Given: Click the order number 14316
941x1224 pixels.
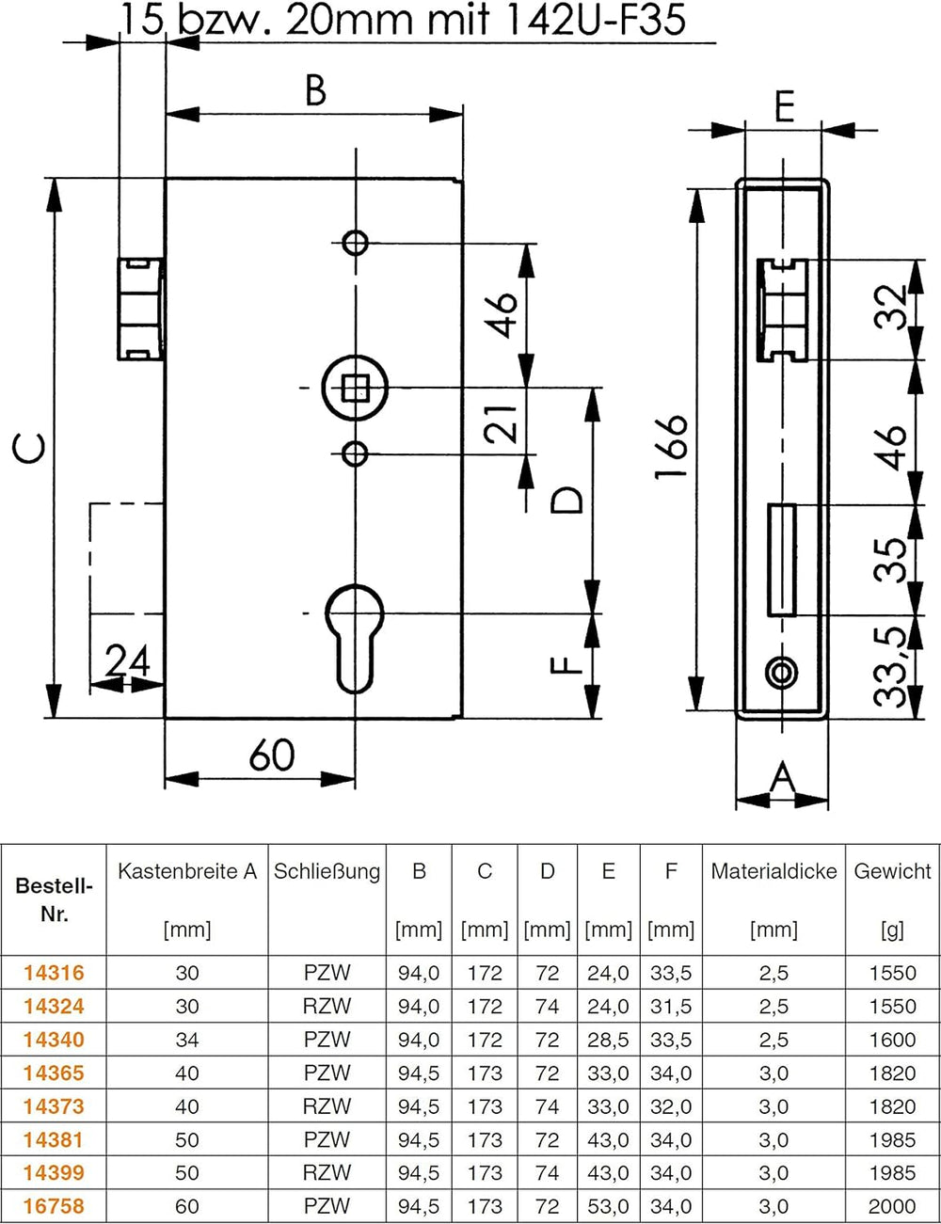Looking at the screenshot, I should (54, 973).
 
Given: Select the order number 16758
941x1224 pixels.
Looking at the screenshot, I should (54, 1206).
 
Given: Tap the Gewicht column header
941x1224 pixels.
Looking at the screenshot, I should (892, 872).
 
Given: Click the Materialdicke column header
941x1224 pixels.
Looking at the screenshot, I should (774, 872).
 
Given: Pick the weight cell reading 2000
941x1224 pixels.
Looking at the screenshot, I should (892, 1206).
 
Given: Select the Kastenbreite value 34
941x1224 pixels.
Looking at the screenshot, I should (187, 1040).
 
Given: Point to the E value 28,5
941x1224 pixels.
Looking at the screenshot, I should (608, 1040).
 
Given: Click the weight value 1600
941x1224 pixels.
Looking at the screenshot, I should (892, 1040).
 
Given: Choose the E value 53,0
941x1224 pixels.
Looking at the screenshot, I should (608, 1206).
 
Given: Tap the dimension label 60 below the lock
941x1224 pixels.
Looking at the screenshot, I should (272, 755).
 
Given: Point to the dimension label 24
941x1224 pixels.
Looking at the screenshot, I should (128, 661).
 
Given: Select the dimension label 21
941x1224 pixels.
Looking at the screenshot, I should (502, 423).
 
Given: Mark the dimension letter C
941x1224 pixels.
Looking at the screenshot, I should (29, 447).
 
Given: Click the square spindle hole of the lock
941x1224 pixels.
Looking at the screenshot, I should (355, 388).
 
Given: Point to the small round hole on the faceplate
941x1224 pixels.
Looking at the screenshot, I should (781, 673).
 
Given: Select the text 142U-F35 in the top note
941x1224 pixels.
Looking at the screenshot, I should (594, 20).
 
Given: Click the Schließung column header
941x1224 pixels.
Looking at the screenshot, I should (327, 872).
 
